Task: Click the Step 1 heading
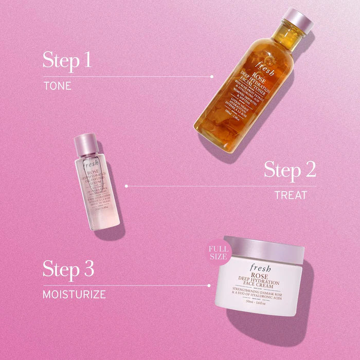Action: click(x=67, y=60)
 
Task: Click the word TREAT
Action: click(x=291, y=195)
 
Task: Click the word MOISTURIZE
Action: click(x=74, y=295)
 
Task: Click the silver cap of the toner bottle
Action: click(x=299, y=21)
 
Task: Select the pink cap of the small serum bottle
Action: click(x=86, y=143)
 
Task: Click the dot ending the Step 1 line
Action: click(x=212, y=77)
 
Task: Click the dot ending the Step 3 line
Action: click(x=209, y=285)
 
